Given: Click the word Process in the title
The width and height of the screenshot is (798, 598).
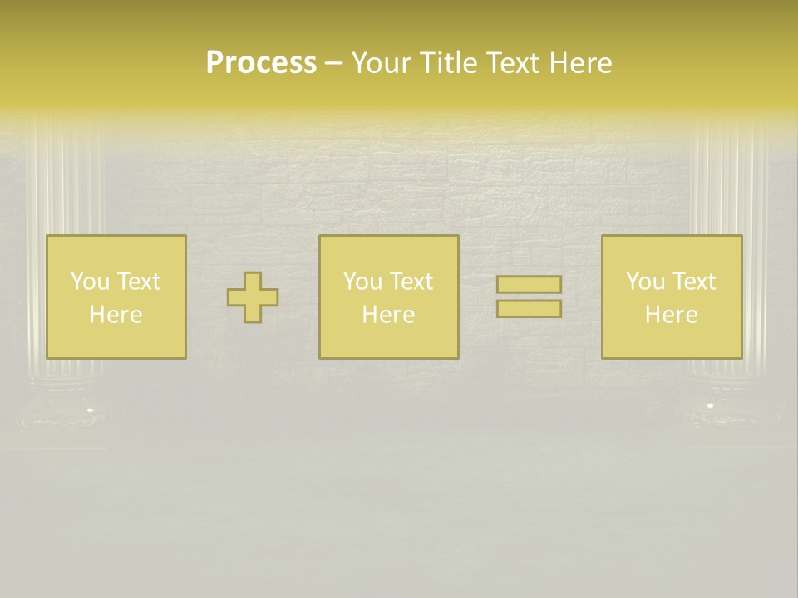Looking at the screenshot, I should [261, 63].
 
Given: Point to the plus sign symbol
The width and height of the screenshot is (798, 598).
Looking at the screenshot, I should [253, 297].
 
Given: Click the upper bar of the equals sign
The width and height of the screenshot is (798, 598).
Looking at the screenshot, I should [529, 285].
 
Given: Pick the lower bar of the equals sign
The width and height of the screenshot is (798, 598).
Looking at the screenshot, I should [529, 309].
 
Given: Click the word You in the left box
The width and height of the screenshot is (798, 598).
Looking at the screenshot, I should [90, 282].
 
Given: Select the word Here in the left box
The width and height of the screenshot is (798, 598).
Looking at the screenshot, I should [116, 315].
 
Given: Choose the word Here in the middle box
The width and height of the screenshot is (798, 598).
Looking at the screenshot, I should [388, 315].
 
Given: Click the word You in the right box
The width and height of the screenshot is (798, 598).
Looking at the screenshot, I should [645, 282].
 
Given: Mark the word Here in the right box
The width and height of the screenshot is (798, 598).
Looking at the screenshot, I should [671, 315].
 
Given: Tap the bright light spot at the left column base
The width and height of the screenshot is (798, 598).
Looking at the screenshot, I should [90, 409].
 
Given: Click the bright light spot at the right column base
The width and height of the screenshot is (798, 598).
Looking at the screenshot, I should [710, 405].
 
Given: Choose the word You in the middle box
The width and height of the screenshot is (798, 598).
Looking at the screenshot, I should [362, 282].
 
